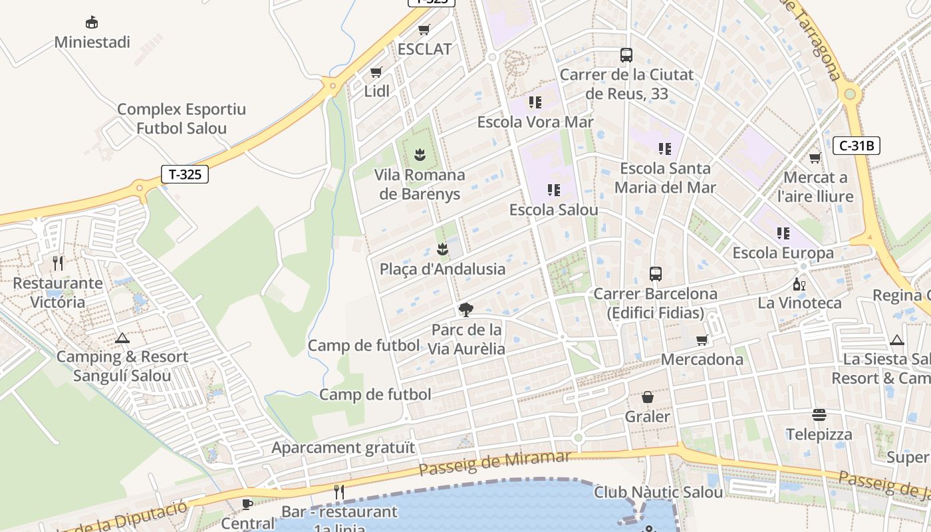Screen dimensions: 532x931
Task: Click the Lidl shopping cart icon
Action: click(x=376, y=72)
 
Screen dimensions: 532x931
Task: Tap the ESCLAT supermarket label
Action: click(x=424, y=49)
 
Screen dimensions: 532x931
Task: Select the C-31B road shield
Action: click(x=857, y=145)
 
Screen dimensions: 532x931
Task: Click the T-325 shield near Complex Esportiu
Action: click(x=185, y=174)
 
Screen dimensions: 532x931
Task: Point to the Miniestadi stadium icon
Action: click(x=92, y=23)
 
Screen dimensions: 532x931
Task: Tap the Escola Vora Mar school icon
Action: click(x=535, y=102)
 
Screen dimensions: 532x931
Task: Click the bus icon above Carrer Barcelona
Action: click(x=656, y=273)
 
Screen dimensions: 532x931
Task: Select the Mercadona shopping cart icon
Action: click(x=702, y=340)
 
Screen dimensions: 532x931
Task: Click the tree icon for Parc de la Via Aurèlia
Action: click(x=466, y=309)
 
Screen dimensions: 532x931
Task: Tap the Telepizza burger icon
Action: click(x=819, y=415)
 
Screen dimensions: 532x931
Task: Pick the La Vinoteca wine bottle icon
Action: click(x=799, y=284)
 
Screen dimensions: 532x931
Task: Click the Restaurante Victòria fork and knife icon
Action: click(x=58, y=263)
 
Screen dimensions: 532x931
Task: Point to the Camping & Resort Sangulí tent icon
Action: click(x=122, y=338)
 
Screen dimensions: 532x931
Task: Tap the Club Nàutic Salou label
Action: click(x=658, y=493)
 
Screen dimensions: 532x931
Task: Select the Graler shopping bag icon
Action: click(x=648, y=397)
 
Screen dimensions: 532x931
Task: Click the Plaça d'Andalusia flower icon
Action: click(x=442, y=249)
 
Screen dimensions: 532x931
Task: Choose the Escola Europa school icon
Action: click(x=783, y=233)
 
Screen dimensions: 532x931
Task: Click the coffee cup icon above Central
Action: click(x=247, y=503)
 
